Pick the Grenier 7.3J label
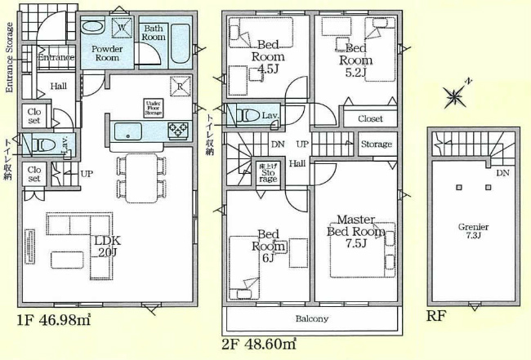click(474, 231)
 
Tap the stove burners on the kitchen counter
click(177, 130)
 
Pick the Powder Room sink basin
click(92, 27)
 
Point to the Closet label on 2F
click(370, 119)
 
